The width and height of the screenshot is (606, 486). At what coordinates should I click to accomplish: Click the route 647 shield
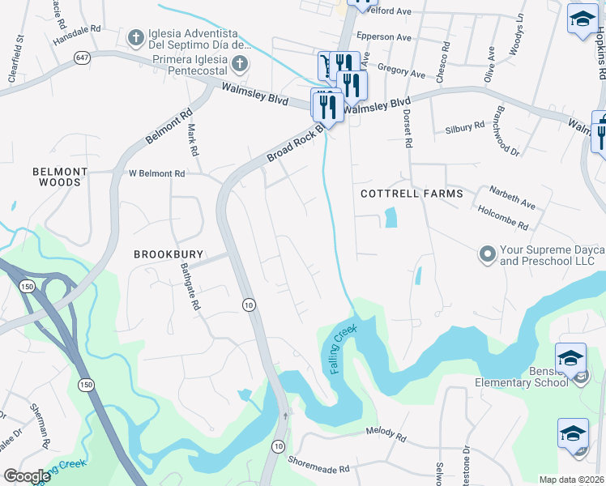point(84,58)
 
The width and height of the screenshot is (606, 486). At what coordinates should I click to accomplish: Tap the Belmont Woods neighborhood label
point(57,177)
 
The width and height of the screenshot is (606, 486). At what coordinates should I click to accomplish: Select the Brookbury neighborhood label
point(168,254)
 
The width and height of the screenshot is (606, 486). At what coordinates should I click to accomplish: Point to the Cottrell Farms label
point(412,194)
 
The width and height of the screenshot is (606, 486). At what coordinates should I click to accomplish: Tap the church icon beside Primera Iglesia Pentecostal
point(239,63)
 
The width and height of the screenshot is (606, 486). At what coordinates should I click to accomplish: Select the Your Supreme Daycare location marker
point(487,254)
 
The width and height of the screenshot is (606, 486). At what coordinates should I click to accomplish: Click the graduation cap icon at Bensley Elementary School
point(570,357)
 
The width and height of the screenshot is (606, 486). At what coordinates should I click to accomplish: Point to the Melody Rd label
point(386,434)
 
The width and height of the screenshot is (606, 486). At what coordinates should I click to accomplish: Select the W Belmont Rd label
point(157,173)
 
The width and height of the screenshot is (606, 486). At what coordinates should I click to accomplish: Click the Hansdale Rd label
point(76,28)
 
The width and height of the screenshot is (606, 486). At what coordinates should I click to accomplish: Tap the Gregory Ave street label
point(401,74)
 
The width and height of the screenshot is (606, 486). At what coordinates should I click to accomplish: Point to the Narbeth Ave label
point(512,197)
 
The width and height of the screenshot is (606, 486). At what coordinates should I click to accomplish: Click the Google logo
point(27,475)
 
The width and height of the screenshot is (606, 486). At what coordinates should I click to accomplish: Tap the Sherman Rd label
point(41,427)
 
